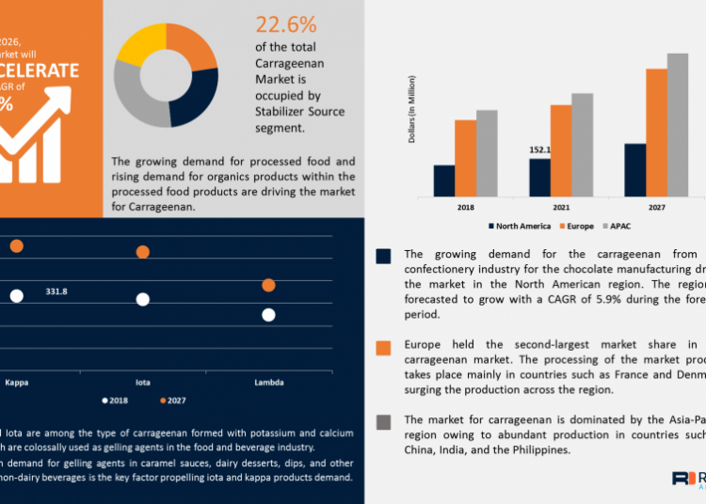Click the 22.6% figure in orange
[286, 24]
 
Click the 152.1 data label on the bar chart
[540, 150]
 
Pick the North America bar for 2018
[444, 180]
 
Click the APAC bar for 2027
[678, 124]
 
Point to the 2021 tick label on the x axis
[561, 206]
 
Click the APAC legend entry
[618, 226]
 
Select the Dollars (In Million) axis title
[411, 123]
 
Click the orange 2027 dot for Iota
[143, 252]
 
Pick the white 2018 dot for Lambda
[268, 315]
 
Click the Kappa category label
[16, 383]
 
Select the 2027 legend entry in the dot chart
[171, 401]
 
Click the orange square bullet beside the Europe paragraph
[383, 348]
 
